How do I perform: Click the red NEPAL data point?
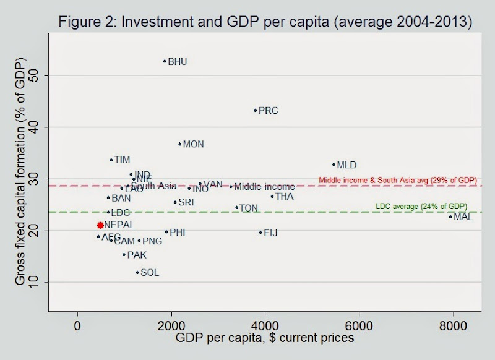100,225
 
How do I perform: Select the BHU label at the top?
177,62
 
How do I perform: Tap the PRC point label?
268,111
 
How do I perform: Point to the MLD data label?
346,165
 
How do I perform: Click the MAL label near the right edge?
463,217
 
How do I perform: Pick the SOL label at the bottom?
150,272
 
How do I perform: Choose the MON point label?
193,145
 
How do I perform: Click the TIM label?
122,160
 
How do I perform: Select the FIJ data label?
270,233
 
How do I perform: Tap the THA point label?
284,197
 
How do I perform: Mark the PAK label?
137,255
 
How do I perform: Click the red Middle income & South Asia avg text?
398,180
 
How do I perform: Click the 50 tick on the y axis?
64,75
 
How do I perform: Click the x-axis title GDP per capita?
265,338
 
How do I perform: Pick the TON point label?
248,208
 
